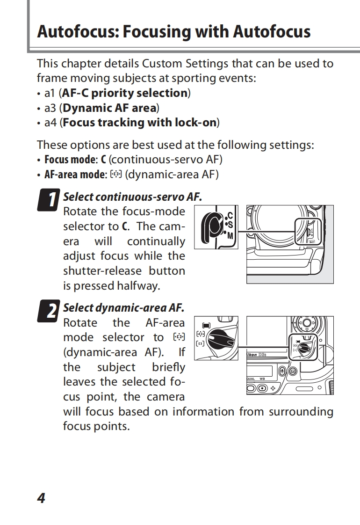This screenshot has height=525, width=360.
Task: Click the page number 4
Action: click(x=41, y=498)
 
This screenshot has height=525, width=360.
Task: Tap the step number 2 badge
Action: click(x=49, y=311)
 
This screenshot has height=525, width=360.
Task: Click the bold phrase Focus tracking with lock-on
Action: click(x=140, y=123)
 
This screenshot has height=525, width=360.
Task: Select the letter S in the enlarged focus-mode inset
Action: click(x=230, y=225)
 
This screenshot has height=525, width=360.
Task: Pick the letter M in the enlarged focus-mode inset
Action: click(x=230, y=235)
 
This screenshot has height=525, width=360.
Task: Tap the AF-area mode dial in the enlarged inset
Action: click(x=221, y=341)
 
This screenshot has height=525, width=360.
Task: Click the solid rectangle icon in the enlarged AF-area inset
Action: click(x=206, y=325)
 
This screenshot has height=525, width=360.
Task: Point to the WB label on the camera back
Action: click(x=262, y=379)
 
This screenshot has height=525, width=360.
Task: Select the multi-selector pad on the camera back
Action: click(x=306, y=322)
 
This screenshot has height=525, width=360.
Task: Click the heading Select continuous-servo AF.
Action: click(x=132, y=197)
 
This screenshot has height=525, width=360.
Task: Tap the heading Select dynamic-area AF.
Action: click(x=123, y=308)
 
